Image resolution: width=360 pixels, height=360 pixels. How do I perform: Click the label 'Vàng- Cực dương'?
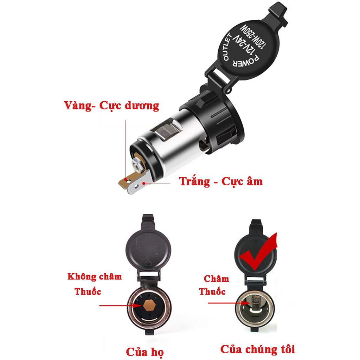click(x=111, y=106)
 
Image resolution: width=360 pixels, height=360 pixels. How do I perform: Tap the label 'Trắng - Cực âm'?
click(x=221, y=181)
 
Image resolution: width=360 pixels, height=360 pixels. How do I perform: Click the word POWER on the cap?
click(x=246, y=61)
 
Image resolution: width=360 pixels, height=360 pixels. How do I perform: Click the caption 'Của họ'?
click(x=145, y=352)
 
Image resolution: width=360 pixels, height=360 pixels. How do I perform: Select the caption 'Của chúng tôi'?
click(x=257, y=349)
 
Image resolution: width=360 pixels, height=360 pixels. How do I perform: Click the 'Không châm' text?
click(x=94, y=276)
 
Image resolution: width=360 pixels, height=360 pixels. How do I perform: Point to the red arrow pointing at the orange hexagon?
click(x=121, y=306)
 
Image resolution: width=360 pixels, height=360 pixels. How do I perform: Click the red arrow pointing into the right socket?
click(x=229, y=303)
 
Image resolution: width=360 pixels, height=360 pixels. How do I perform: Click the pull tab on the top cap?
click(x=278, y=13)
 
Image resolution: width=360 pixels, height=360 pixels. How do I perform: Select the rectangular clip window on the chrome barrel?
click(x=168, y=130)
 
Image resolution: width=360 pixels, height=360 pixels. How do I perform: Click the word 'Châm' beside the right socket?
click(x=216, y=279)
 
